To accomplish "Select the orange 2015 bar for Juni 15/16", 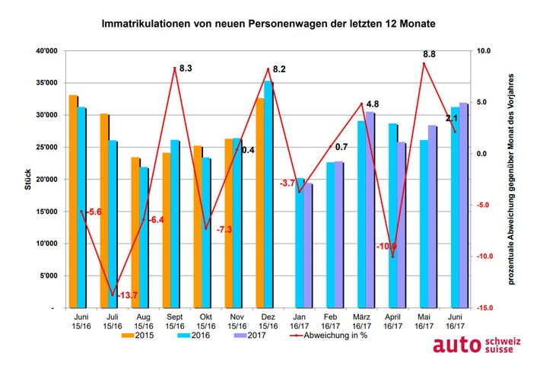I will [x=73, y=202].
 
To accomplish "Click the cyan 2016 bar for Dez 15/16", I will [x=267, y=194].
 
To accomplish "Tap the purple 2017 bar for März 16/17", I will [x=370, y=210].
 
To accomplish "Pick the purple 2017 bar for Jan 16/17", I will [x=308, y=245].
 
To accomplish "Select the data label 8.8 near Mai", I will [x=428, y=54].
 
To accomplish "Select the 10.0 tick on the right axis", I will [x=484, y=51].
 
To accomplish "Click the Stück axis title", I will [x=27, y=180].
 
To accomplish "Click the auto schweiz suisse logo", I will [x=478, y=346].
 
